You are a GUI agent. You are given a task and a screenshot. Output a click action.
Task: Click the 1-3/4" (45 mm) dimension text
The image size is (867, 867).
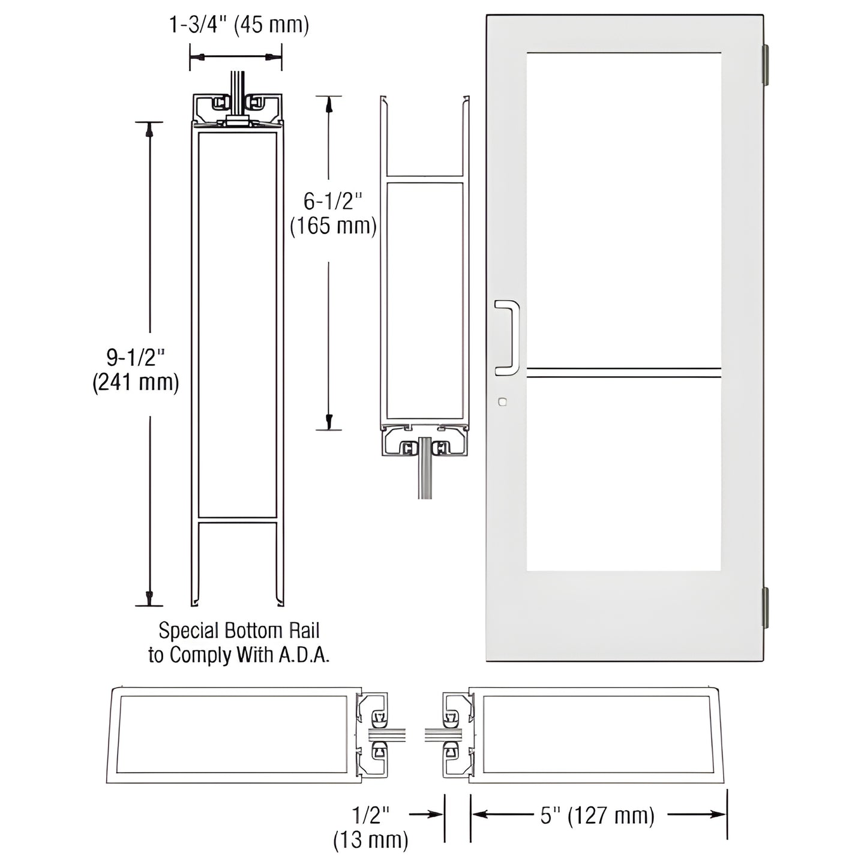[x=238, y=26]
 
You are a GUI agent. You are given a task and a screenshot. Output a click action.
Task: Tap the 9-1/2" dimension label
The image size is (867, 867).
[x=136, y=358]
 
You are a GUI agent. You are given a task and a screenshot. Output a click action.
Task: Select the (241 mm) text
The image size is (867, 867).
[x=136, y=382]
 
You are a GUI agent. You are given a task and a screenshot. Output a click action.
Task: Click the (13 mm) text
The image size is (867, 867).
[x=370, y=840]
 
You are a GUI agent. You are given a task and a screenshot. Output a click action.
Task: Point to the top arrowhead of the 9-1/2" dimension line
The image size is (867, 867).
[x=149, y=128]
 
